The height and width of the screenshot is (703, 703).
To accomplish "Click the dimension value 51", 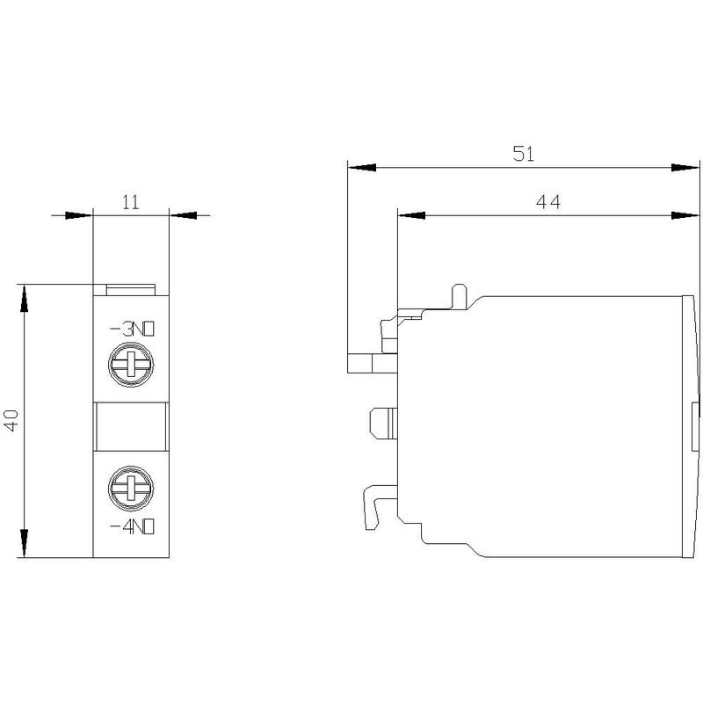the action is [524, 154].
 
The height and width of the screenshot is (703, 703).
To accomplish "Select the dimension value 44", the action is [547, 202].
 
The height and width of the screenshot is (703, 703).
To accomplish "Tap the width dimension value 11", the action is [131, 202].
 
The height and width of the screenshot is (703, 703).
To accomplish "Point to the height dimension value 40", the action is [11, 420].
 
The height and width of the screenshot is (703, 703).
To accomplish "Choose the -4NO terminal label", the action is [133, 526].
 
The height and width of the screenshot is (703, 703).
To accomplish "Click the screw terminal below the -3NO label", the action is [131, 365].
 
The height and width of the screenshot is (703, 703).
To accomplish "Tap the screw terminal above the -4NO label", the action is [131, 489].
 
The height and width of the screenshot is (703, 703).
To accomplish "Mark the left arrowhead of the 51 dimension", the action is [362, 167].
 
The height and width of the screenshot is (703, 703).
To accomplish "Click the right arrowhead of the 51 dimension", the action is [685, 167].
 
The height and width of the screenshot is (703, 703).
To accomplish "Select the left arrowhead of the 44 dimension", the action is [411, 215].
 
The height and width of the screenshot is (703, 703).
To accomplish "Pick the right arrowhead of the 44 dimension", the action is [685, 215].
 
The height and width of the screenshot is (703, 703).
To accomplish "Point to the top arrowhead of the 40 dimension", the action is [25, 298].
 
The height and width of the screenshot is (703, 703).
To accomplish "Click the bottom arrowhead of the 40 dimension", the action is [25, 543].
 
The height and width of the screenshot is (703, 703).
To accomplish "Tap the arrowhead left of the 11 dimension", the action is [78, 215].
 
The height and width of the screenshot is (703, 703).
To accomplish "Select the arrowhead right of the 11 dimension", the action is [184, 215].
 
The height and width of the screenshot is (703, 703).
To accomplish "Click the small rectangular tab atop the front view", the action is [130, 290].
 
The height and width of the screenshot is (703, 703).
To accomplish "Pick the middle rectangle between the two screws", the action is [131, 426].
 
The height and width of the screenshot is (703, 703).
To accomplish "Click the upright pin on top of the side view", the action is [459, 297].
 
